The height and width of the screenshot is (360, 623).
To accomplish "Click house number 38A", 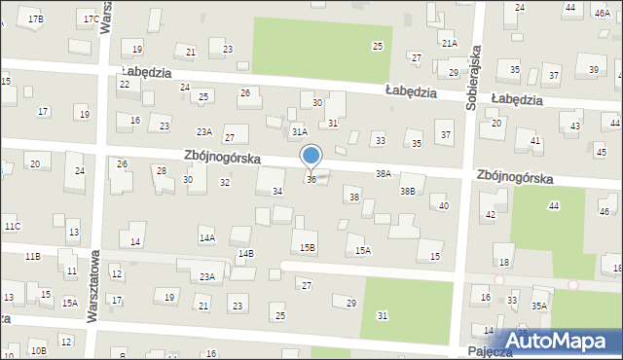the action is coord(384,173).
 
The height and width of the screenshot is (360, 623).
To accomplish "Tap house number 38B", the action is coord(408,192).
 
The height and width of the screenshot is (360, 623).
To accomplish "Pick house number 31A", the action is coord(300,131).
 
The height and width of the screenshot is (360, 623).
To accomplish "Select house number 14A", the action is coord(206,237).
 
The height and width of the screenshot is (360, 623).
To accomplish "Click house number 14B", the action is coord(246,254).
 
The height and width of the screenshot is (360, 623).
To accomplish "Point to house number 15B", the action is coord(308,248).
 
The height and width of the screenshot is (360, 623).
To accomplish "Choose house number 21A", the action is coord(449,44).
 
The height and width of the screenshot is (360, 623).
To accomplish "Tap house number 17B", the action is coord(36,18).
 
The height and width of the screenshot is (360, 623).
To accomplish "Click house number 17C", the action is coord(90,18).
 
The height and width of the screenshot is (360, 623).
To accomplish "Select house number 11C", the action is coord(12,227).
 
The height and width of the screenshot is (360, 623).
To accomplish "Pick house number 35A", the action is coord(538,306).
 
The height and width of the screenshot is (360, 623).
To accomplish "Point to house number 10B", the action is coord(38,350).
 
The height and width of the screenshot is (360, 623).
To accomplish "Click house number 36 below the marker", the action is coord(311,180).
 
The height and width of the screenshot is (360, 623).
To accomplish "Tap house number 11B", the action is coord(32,256).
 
